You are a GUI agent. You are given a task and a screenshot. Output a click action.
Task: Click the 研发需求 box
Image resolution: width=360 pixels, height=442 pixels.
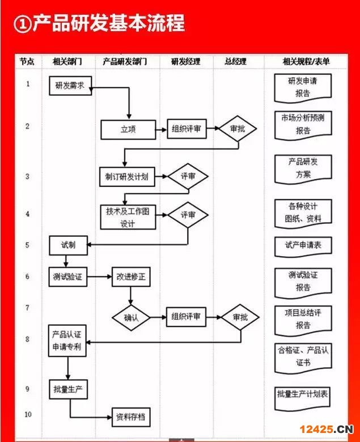[70, 86]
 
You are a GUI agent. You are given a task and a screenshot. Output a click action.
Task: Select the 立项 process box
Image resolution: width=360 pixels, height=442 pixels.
[128, 129]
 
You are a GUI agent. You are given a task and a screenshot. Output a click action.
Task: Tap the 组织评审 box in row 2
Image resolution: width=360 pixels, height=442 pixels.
[186, 129]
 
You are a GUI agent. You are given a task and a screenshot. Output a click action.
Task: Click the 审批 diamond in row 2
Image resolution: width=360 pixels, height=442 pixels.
[238, 129]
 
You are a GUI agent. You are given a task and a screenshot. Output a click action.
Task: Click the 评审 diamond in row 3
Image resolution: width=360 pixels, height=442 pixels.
[188, 176]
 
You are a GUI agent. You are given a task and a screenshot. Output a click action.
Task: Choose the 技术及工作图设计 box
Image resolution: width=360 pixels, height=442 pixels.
[128, 216]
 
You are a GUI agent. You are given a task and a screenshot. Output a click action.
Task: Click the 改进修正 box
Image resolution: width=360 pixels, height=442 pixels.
[131, 277]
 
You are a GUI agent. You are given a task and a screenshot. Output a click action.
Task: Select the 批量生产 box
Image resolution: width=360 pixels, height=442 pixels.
[68, 389]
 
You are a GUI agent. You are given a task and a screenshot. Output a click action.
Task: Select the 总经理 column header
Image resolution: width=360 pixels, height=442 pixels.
[235, 61]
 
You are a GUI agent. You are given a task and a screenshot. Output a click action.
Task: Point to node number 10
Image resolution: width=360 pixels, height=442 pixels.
[28, 414]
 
